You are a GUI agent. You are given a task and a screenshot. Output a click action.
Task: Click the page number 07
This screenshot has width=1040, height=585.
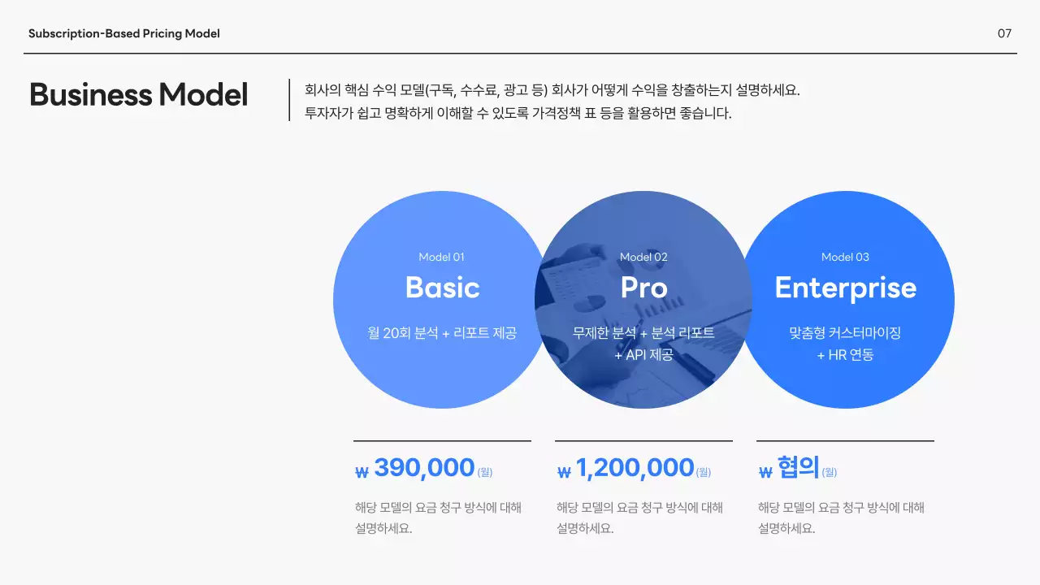click(x=1004, y=33)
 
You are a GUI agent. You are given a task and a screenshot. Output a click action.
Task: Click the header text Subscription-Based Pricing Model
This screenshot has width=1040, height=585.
click(x=124, y=33)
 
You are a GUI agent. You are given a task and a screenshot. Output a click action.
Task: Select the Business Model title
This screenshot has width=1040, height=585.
click(x=138, y=95)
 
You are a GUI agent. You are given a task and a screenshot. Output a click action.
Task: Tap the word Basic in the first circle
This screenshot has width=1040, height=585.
click(x=442, y=288)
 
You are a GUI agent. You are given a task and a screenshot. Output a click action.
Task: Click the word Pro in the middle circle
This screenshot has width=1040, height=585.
click(x=643, y=288)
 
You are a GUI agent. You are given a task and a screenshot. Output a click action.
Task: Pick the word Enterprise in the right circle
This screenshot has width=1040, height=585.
click(x=845, y=288)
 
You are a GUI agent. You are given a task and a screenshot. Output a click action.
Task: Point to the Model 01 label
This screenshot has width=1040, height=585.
click(x=441, y=257)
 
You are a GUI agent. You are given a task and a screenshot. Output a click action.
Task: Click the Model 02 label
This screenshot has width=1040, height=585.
click(x=643, y=257)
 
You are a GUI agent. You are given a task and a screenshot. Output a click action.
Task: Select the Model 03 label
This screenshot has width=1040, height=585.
click(x=845, y=257)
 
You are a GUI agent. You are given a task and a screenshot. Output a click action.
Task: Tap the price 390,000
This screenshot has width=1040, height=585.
click(x=424, y=468)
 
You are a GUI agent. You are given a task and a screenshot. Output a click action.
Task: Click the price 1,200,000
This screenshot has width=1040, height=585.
click(x=635, y=468)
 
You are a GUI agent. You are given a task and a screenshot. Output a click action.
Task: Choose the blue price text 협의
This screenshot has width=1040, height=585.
click(x=798, y=468)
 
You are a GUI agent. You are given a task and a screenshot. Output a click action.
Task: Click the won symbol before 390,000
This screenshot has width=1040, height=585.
click(x=362, y=472)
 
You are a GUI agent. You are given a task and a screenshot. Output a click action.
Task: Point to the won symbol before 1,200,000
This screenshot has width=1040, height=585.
click(x=564, y=472)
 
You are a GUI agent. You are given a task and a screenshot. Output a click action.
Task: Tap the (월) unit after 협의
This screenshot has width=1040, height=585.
click(x=829, y=472)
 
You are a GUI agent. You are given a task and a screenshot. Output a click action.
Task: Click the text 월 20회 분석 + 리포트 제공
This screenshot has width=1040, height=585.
click(x=442, y=333)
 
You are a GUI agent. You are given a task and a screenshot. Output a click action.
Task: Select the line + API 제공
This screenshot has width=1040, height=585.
click(x=643, y=355)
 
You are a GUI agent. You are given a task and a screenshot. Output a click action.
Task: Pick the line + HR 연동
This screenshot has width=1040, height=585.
click(x=845, y=355)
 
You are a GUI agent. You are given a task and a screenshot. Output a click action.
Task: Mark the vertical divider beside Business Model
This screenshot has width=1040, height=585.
click(x=289, y=100)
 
